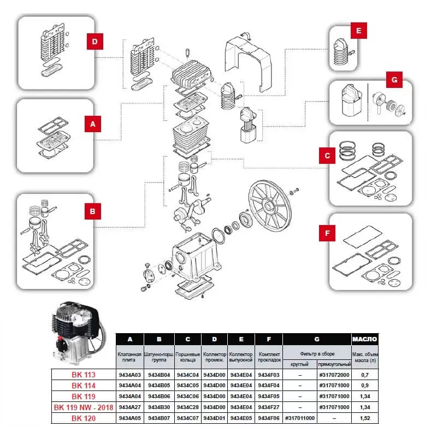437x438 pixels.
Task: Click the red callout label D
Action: point(95,41)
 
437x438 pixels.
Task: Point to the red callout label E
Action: point(358,32)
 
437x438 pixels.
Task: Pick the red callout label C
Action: point(327,156)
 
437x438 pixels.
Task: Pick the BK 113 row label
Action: point(84,375)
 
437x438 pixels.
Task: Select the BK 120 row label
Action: point(84,418)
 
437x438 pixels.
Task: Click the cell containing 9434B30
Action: point(158,407)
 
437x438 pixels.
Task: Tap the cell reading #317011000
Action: point(300,418)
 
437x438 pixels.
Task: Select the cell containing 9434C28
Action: point(187,407)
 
